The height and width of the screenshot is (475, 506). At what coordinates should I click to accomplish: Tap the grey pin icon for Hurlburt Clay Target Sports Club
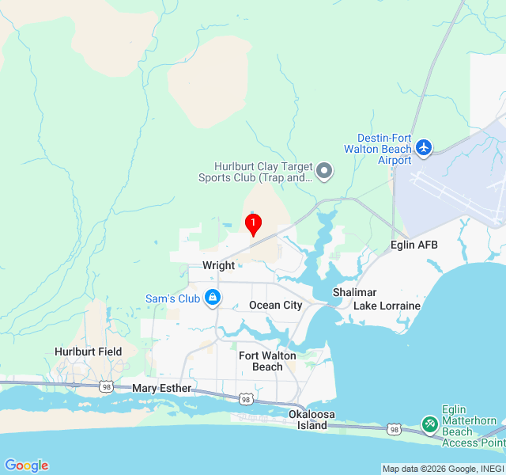click(x=323, y=171)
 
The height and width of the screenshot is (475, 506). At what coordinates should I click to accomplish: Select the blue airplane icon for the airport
click(x=424, y=147)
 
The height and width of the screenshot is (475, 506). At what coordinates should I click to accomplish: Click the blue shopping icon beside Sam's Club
click(x=212, y=298)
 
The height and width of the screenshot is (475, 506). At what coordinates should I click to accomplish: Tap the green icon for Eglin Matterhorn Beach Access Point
click(x=429, y=425)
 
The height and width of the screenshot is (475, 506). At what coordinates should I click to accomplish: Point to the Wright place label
click(x=218, y=266)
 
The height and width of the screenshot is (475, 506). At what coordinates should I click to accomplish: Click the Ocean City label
click(x=275, y=305)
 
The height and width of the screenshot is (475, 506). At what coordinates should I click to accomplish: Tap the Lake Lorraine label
click(x=387, y=305)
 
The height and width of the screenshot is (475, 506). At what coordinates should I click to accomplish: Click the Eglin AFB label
click(x=413, y=245)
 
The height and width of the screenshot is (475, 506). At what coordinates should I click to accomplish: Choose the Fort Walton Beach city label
click(x=267, y=361)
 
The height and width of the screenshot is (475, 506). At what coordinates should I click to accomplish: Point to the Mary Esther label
click(x=161, y=388)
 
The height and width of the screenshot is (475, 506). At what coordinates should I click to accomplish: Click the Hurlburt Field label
click(x=88, y=351)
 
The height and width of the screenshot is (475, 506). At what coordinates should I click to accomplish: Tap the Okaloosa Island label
click(x=308, y=420)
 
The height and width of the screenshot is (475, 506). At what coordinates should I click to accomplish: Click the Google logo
click(x=26, y=465)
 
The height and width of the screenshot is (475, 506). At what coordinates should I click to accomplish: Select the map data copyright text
click(x=443, y=469)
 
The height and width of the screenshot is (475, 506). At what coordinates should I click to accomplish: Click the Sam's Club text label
click(x=172, y=298)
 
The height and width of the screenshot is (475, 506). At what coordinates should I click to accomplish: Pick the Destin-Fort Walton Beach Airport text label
click(x=379, y=149)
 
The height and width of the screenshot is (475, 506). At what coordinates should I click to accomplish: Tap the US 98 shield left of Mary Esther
click(x=106, y=386)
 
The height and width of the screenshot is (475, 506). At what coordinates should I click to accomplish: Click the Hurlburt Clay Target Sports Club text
click(x=263, y=172)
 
